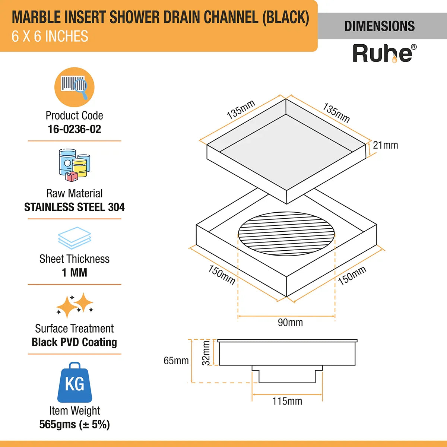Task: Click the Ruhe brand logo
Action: tap(384, 54)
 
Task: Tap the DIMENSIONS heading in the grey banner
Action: tap(379, 26)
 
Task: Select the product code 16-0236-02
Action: tap(74, 129)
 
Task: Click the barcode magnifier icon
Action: tap(74, 87)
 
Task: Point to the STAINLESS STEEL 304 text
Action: tap(74, 207)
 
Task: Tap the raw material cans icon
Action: tap(74, 165)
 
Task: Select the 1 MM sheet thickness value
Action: tap(74, 273)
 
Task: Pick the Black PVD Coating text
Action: tap(74, 342)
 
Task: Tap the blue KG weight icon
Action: tap(74, 383)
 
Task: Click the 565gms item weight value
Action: tap(74, 425)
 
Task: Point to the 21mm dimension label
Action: tap(385, 145)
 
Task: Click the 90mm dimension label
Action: tap(290, 323)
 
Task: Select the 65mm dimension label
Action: tap(176, 361)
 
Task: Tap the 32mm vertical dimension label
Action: tap(206, 353)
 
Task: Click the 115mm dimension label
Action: tap(287, 401)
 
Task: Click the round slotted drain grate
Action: tap(286, 234)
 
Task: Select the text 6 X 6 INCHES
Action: tap(50, 37)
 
